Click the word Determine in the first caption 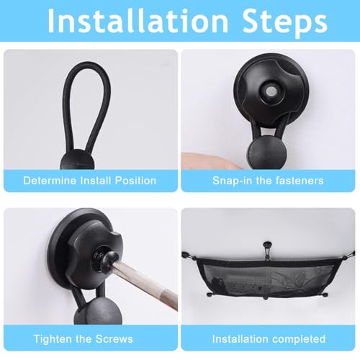coord(50,181)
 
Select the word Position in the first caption coord(135,181)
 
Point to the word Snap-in coord(232,181)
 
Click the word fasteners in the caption coord(300,181)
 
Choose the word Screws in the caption coord(114,339)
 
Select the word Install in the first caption coord(95,181)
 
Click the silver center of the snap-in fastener coord(271,91)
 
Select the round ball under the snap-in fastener coord(267,153)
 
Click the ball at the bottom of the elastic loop coord(77,160)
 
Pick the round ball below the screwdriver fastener coord(98,311)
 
